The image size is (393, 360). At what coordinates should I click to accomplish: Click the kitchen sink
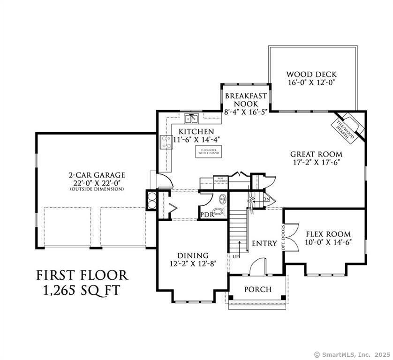pos(192,118)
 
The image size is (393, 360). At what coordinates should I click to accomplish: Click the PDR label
pos(207,215)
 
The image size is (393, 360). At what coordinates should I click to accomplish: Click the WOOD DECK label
pos(311,74)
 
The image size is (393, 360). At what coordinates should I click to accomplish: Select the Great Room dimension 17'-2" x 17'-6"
pos(316,163)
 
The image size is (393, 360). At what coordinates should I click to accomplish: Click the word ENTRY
pos(264,243)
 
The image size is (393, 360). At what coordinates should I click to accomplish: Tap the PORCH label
pos(257,289)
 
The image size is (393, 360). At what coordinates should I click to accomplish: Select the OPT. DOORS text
pos(283,240)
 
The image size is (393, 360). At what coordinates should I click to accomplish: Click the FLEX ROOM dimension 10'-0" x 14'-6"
pos(328,242)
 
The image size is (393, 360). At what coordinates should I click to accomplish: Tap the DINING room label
pos(193,255)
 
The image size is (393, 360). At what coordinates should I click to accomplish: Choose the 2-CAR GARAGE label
pos(97,176)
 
